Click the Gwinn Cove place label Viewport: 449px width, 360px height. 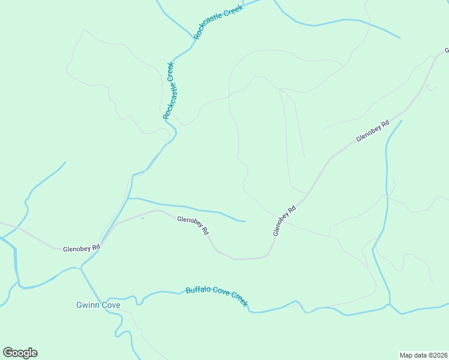click(x=98, y=305)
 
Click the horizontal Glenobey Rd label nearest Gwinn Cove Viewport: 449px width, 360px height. click(x=81, y=247)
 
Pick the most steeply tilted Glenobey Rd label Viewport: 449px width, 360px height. click(x=285, y=221)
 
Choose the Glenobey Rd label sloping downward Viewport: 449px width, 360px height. click(x=193, y=226)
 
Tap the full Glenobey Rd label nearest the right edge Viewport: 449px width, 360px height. click(x=373, y=131)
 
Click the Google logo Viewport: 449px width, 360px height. click(x=20, y=353)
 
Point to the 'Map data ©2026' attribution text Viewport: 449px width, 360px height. click(x=423, y=355)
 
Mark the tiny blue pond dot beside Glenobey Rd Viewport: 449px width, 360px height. click(x=142, y=218)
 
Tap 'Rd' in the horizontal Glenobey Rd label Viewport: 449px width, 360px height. click(x=95, y=247)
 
